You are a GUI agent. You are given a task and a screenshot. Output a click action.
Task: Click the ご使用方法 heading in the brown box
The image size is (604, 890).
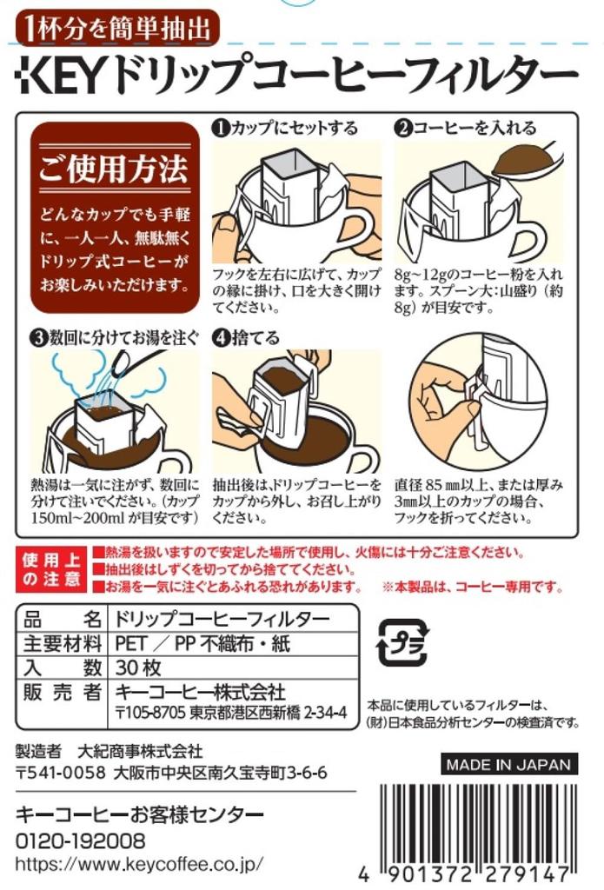coord(114,169)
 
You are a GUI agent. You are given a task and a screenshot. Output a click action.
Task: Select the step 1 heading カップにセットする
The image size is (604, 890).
coord(285,128)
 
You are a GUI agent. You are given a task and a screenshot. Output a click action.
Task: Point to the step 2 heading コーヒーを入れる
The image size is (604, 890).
coord(466,128)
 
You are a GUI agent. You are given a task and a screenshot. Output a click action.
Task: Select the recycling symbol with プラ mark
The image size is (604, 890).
coord(401,643)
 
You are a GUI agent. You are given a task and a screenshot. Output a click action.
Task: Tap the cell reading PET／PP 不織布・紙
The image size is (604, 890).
coord(203,644)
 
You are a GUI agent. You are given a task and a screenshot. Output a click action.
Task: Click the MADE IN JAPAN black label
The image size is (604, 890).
coord(508,765)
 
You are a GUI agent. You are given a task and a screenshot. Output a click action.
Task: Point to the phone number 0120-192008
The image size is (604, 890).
coord(81,841)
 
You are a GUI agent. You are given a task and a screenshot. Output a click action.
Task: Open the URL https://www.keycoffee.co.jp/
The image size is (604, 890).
coord(139,864)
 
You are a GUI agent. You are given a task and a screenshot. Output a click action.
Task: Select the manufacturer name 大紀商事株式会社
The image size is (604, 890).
coord(139,750)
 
